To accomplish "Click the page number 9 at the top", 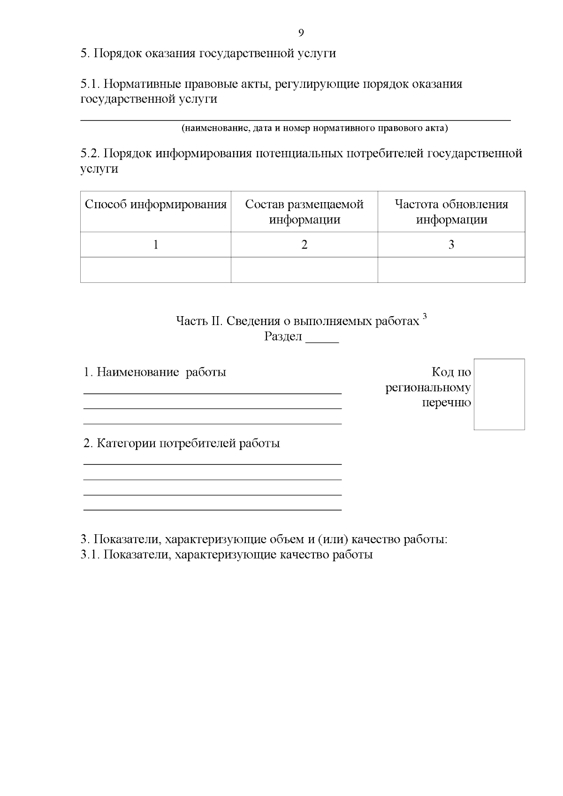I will [x=301, y=32].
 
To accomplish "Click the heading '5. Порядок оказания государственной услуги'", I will [x=208, y=53].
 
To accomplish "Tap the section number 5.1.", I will [x=90, y=84].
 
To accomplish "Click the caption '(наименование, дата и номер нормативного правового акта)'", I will [x=314, y=128].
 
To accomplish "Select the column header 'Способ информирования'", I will [x=155, y=205].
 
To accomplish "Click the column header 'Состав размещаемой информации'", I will [x=304, y=212].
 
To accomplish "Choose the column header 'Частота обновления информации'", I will [x=451, y=212].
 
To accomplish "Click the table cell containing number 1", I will [x=155, y=244].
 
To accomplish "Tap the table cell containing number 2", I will [x=304, y=244].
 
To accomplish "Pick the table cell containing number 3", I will [x=451, y=244].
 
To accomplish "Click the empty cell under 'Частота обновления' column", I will [x=451, y=270].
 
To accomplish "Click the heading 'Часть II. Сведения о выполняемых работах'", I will [x=297, y=321].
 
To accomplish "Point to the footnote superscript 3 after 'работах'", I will [x=425, y=317].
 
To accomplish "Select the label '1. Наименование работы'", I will [x=155, y=372].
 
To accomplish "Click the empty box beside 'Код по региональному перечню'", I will [x=499, y=394].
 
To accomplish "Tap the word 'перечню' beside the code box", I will [x=446, y=403].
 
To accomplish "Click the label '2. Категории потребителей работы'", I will [x=182, y=443].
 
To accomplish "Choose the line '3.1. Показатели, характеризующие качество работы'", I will [x=227, y=555].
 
